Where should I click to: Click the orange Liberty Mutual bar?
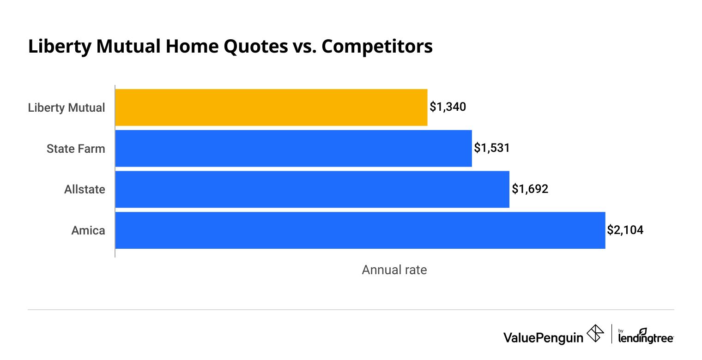[x=271, y=108]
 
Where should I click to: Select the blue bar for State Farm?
[x=293, y=148]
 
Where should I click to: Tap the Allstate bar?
[x=312, y=189]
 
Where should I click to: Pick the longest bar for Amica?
[x=360, y=230]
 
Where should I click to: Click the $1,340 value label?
[x=448, y=107]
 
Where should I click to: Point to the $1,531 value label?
[x=492, y=148]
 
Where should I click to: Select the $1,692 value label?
[x=530, y=189]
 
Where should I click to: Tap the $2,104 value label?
[x=625, y=230]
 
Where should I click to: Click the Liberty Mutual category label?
[x=67, y=108]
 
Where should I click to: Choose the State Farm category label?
[x=76, y=149]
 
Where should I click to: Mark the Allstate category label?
[x=85, y=189]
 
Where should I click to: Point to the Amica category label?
[x=88, y=230]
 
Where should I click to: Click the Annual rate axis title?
[x=394, y=270]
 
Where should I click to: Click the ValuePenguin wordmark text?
[x=543, y=337]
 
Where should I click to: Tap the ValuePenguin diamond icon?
[x=595, y=334]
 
